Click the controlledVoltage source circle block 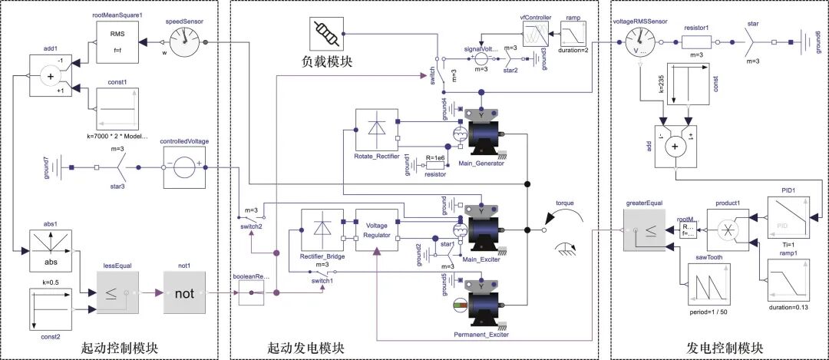185,167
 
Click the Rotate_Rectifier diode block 377,130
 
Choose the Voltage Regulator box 376,231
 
